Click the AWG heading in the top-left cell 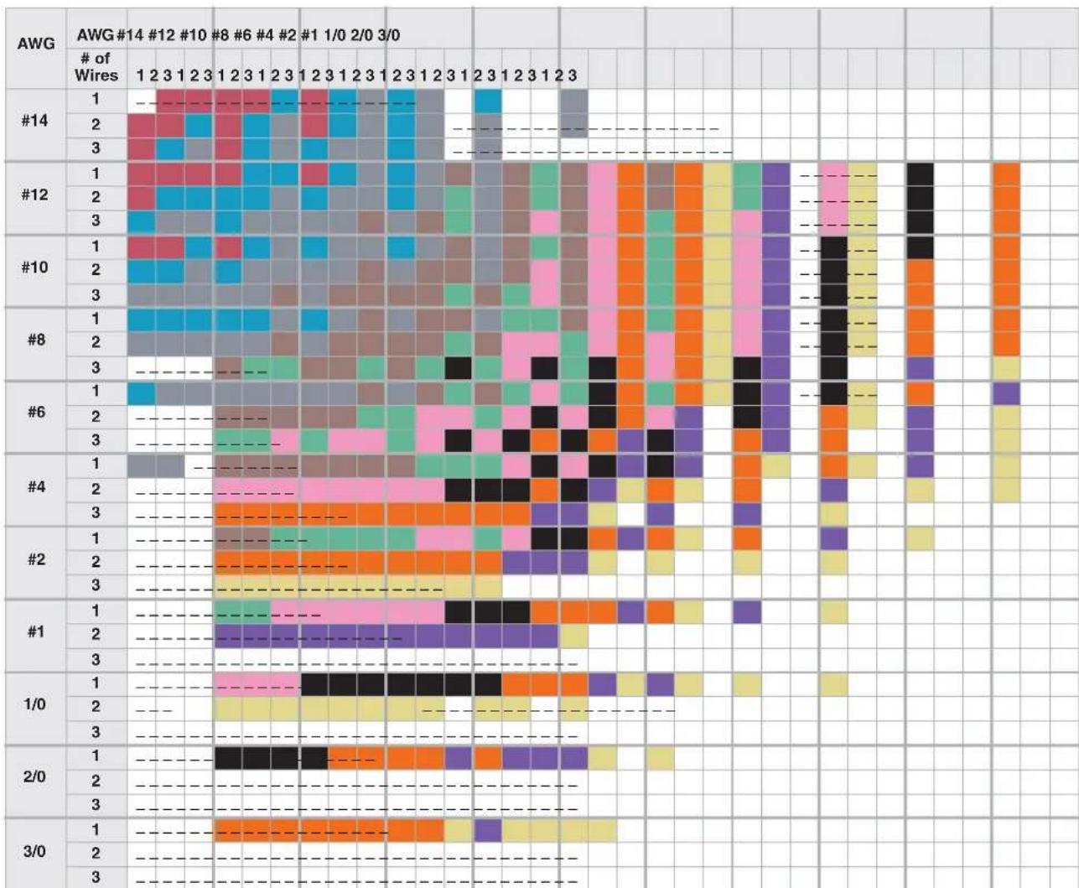point(36,44)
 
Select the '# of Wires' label point(96,66)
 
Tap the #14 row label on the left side point(34,121)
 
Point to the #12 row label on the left point(34,195)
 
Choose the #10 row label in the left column point(34,267)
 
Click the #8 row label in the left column point(36,340)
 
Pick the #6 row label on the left point(36,412)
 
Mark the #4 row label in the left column point(36,486)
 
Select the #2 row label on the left point(36,559)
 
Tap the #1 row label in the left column point(36,631)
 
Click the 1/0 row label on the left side point(34,704)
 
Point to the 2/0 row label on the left point(34,777)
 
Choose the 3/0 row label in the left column point(34,852)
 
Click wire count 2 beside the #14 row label point(96,124)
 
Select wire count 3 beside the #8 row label point(96,367)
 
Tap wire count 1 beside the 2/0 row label point(96,756)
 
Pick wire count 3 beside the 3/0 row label point(96,877)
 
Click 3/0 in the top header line point(389,35)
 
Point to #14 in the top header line point(130,35)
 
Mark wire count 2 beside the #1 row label point(96,634)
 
